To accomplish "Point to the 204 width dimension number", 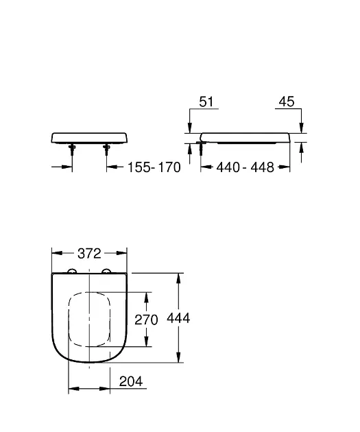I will click(x=130, y=383).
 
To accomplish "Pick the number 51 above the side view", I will click(x=206, y=101).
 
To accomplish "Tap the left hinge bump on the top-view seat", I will click(x=72, y=272).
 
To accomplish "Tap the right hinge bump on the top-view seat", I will click(x=106, y=272).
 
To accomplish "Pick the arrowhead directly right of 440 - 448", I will click(x=285, y=167).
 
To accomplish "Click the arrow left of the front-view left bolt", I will click(x=67, y=167).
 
